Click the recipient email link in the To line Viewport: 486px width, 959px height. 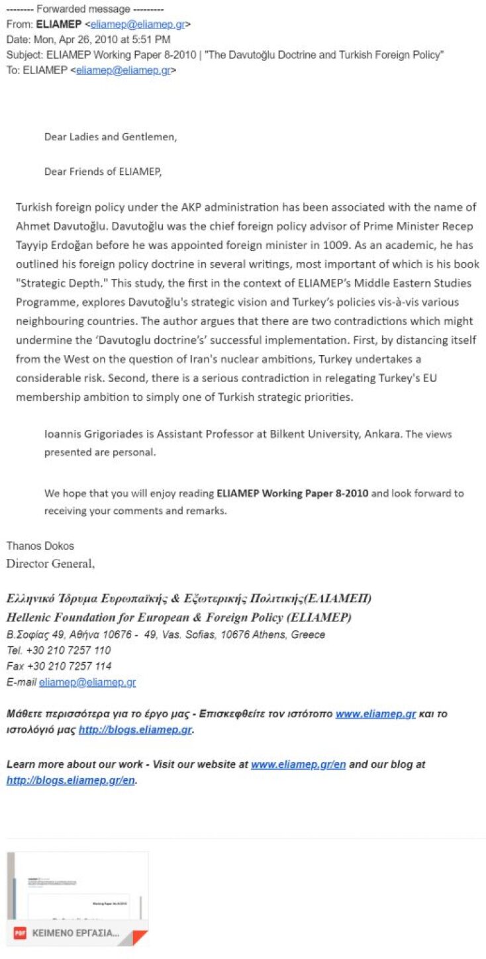coord(124,70)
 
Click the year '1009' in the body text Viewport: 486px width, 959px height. coord(336,244)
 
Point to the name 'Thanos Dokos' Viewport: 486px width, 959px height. coord(40,546)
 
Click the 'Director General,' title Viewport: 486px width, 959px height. coord(50,564)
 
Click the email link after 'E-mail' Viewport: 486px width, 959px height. coord(87,682)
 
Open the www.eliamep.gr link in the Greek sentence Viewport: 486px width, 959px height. coord(375,714)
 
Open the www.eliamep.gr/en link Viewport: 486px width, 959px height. coord(298,764)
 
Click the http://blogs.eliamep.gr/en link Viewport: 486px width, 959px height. coord(71,780)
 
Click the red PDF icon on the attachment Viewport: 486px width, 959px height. coord(20,933)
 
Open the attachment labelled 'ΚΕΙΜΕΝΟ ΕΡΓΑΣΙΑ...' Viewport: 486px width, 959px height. coord(77,933)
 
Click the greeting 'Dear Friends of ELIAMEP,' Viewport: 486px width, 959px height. coord(103,172)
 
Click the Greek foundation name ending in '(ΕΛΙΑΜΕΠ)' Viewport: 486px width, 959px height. coord(189,599)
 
